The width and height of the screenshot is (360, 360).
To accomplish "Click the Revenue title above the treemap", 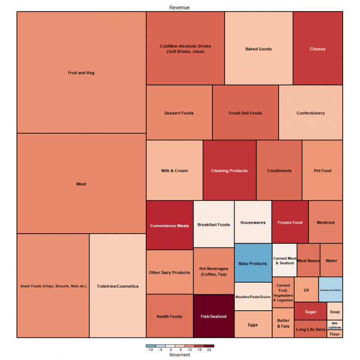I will [179, 8].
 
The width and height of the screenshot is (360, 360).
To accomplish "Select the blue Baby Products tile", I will [253, 263].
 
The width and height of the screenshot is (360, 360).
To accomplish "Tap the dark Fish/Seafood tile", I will [213, 316].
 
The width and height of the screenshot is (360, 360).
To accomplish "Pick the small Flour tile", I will [335, 334].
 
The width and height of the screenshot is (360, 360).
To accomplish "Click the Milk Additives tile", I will [334, 325].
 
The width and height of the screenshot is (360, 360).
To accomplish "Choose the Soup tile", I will [335, 312].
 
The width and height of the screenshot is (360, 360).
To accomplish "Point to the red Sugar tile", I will [310, 312].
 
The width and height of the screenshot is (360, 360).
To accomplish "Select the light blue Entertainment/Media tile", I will [331, 289].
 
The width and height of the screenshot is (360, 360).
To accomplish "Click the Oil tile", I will [306, 290].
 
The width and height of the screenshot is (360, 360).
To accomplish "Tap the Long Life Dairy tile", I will [310, 329].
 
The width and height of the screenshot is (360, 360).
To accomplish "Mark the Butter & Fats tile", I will [283, 323].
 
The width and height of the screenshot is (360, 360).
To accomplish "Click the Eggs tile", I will [253, 325].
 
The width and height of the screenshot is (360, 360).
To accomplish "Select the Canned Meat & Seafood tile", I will [285, 260].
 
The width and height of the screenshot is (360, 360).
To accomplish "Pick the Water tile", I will [331, 260].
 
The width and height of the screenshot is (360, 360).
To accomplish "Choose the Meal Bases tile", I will [309, 260].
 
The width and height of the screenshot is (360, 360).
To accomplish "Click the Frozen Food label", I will [290, 222].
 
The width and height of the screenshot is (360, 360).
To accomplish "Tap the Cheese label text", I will [317, 49].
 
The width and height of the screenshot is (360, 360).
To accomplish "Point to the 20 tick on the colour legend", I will [209, 350].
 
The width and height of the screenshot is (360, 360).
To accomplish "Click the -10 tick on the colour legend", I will [150, 350].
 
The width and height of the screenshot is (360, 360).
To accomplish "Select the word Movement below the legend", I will [179, 355].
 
